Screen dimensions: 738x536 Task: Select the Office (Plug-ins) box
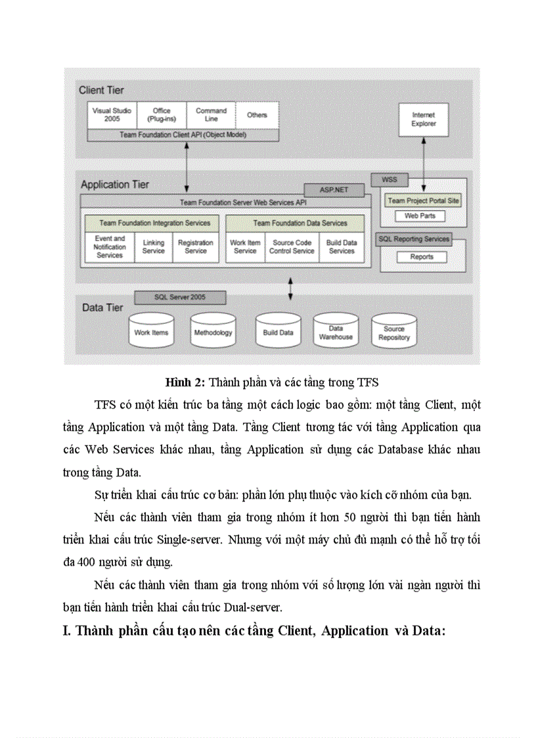161,115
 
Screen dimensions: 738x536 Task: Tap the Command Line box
211,115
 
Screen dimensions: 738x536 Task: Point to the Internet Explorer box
423,119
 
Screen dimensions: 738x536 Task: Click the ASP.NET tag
333,190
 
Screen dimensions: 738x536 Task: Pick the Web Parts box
420,216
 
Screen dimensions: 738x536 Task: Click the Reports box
421,257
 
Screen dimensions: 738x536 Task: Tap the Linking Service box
153,246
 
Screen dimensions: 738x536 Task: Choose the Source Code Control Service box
292,246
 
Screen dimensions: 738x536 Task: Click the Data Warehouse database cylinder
336,332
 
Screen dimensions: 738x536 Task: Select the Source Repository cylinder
394,333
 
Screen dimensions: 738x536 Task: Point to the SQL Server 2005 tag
179,298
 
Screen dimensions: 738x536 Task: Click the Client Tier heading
101,90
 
